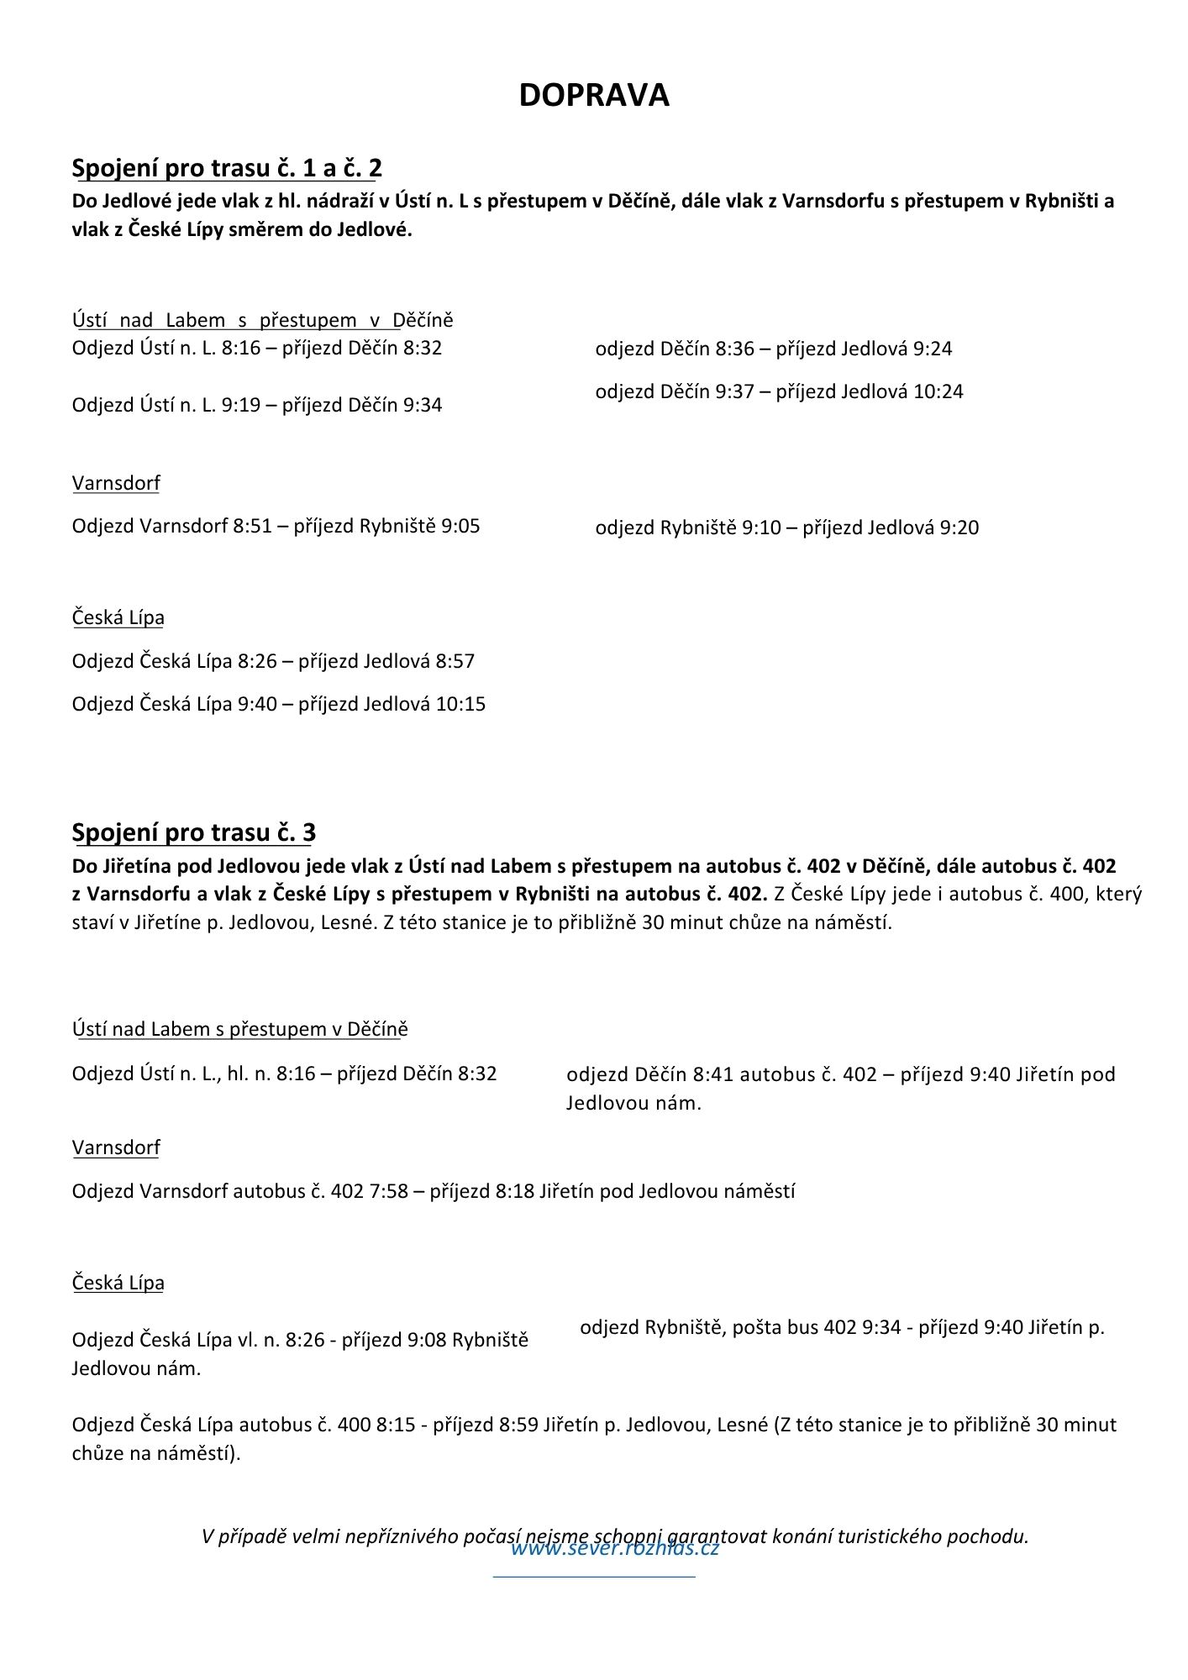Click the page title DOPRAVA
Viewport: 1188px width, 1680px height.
click(593, 95)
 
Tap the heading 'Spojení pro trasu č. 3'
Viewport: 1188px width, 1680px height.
click(193, 832)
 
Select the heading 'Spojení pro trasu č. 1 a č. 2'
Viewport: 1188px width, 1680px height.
click(227, 168)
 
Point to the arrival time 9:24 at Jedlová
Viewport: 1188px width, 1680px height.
click(933, 349)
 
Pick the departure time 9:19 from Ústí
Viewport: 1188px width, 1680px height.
click(241, 405)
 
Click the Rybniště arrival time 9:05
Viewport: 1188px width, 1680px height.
click(460, 527)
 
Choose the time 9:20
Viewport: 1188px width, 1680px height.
click(959, 528)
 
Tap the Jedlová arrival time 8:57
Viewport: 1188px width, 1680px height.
click(455, 661)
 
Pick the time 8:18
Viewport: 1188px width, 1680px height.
click(515, 1191)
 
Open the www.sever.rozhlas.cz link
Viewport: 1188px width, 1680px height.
click(615, 1548)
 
